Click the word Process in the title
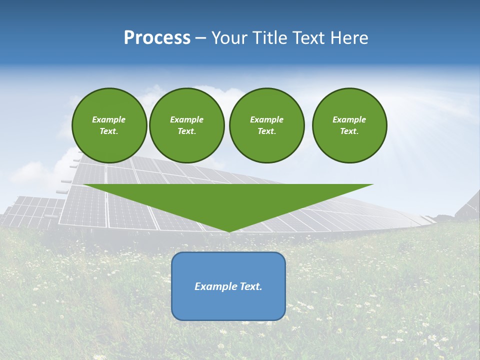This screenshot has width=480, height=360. pos(157,38)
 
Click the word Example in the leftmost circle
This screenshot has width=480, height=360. pos(109,119)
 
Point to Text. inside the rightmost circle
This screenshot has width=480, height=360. pos(349,131)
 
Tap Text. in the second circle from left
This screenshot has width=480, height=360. pos(186,131)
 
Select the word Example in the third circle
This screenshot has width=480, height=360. pos(266,119)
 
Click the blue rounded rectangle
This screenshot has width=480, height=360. pos(228,305)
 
